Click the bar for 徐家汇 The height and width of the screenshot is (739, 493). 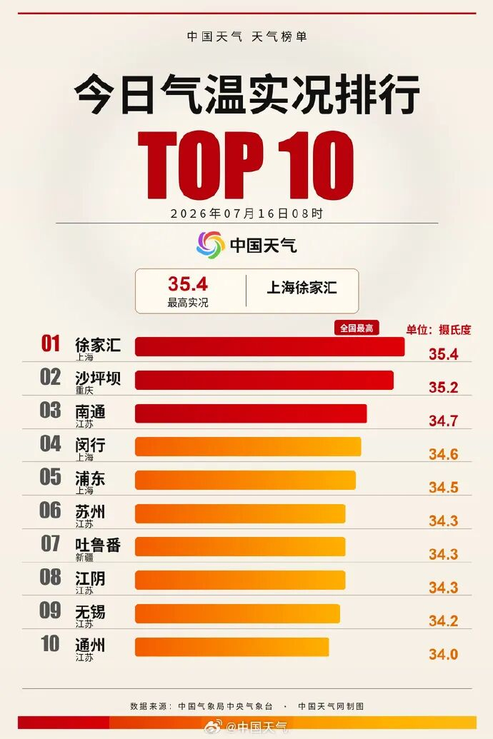coord(269,346)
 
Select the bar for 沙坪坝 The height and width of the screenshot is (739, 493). coord(264,380)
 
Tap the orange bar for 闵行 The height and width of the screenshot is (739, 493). coord(248,447)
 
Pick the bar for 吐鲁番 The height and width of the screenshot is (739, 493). coord(240,547)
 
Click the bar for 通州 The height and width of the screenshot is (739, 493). coord(231,647)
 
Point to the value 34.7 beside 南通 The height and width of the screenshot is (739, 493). coord(444,421)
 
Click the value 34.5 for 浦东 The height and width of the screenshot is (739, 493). coord(444,488)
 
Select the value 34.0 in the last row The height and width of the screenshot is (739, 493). coord(444,654)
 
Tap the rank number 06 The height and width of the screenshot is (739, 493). coord(50,510)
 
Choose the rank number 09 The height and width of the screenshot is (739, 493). coord(50,610)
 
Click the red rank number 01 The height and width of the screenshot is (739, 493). coord(51,343)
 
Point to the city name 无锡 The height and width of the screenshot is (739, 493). coord(90,612)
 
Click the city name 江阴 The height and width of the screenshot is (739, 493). coord(90,578)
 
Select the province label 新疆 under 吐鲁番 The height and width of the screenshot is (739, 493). coord(84,558)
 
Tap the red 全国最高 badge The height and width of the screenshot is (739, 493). coord(357,328)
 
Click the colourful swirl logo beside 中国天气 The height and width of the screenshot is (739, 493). coord(210,245)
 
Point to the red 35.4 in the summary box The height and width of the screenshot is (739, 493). coord(188,284)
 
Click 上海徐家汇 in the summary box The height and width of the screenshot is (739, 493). coord(302,288)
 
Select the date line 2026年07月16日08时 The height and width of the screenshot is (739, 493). coord(246,213)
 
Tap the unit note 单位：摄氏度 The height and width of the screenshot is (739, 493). coord(439,330)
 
